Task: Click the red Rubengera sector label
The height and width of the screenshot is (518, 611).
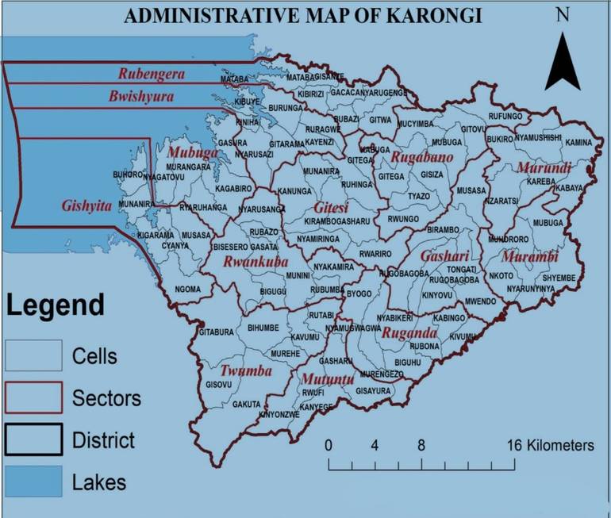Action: pyautogui.click(x=151, y=75)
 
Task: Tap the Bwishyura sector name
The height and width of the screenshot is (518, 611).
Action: pyautogui.click(x=140, y=96)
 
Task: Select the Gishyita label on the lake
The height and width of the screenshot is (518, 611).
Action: pyautogui.click(x=86, y=205)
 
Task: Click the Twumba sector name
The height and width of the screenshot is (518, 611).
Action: pyautogui.click(x=246, y=370)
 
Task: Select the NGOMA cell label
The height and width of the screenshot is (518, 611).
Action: pyautogui.click(x=188, y=290)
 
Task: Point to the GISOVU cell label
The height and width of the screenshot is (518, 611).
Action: pyautogui.click(x=218, y=385)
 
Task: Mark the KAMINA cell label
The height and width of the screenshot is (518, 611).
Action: pyautogui.click(x=578, y=142)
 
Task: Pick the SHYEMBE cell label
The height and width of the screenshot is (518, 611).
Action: pyautogui.click(x=559, y=278)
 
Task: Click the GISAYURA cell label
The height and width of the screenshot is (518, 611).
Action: pyautogui.click(x=373, y=391)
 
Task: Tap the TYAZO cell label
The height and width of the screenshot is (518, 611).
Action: pyautogui.click(x=418, y=196)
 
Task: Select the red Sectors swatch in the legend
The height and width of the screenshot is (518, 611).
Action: pyautogui.click(x=33, y=397)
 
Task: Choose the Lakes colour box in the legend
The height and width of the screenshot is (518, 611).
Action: pyautogui.click(x=33, y=481)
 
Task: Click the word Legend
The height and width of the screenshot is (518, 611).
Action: pyautogui.click(x=56, y=305)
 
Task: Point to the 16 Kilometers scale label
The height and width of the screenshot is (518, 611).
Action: pyautogui.click(x=550, y=445)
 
